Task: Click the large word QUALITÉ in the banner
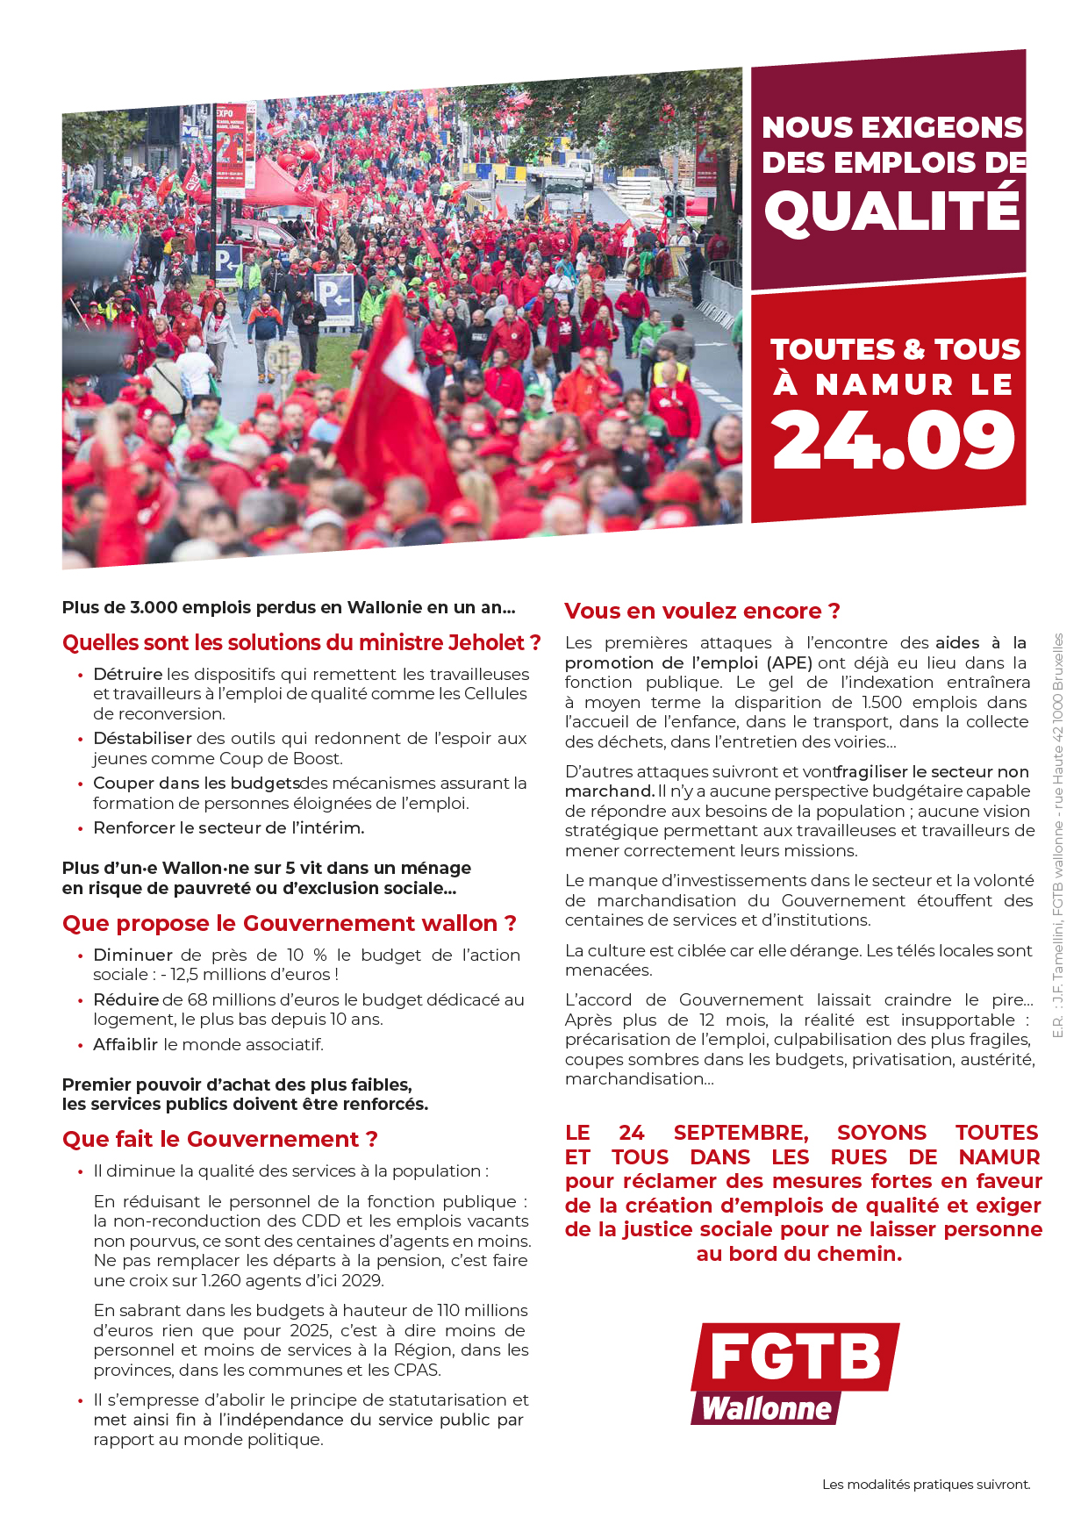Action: point(892,211)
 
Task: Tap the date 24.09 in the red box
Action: point(893,440)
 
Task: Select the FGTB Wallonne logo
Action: point(795,1373)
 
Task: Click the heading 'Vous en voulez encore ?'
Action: point(702,611)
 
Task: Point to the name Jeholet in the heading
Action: point(485,643)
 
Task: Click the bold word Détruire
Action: point(127,674)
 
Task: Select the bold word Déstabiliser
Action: point(142,738)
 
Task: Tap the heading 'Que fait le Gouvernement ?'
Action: point(219,1139)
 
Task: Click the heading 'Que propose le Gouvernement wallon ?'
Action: point(289,923)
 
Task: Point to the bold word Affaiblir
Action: point(125,1044)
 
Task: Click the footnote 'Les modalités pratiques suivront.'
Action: point(926,1485)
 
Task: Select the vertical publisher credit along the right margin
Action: point(1057,835)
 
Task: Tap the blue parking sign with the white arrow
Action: point(334,297)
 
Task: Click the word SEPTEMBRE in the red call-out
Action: point(741,1133)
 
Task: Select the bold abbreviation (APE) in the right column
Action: point(790,662)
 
